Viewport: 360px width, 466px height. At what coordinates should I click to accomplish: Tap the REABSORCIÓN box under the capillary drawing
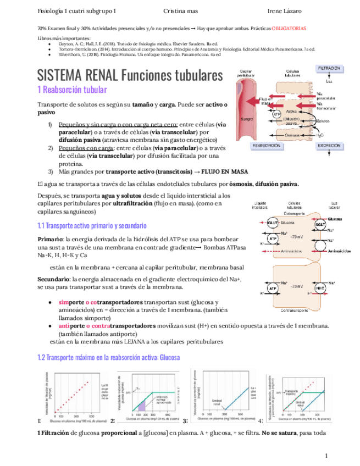pos(266,146)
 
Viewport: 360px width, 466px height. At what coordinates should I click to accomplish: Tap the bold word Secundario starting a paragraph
pos(54,279)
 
